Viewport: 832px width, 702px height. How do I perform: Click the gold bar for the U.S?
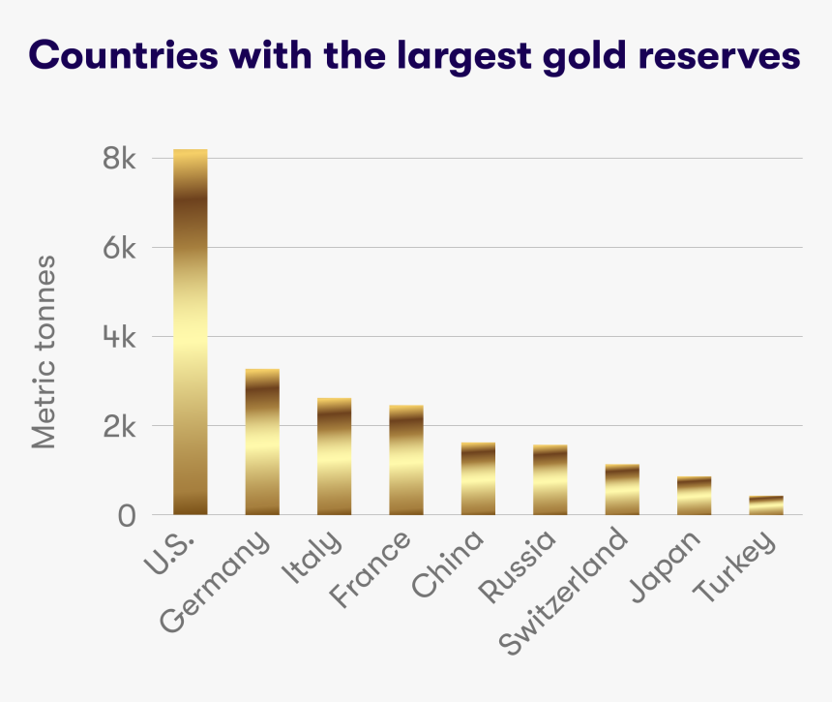pos(191,332)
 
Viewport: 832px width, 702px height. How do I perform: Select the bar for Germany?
pos(262,442)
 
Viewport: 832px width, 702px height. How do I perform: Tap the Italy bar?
pos(334,456)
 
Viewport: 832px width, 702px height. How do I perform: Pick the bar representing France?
pos(406,460)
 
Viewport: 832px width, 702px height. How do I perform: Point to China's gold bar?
pos(478,478)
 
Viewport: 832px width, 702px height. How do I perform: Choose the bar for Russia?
pos(550,480)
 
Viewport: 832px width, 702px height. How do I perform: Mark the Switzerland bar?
pos(622,490)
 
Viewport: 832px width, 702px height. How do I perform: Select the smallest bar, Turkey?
pos(765,505)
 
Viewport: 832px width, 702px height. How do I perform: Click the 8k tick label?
pos(120,159)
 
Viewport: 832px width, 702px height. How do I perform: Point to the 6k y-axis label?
pos(120,248)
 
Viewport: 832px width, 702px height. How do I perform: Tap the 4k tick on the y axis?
pos(120,338)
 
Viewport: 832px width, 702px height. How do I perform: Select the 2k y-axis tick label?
pos(120,427)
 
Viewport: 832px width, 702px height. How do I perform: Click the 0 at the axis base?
pos(128,516)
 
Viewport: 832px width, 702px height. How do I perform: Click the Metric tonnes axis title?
pos(44,352)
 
